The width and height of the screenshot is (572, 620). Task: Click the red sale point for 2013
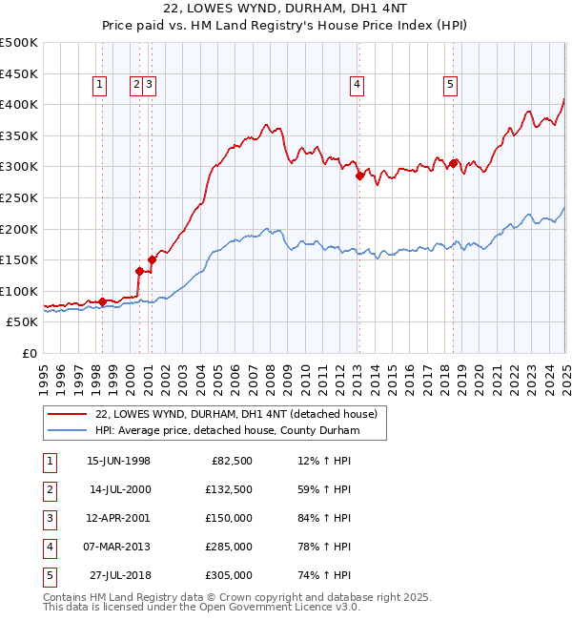pos(359,176)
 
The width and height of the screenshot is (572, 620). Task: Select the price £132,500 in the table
pos(229,489)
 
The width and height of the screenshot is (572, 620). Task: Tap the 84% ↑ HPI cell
pos(324,518)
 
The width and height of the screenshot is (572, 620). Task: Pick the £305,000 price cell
pos(229,575)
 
